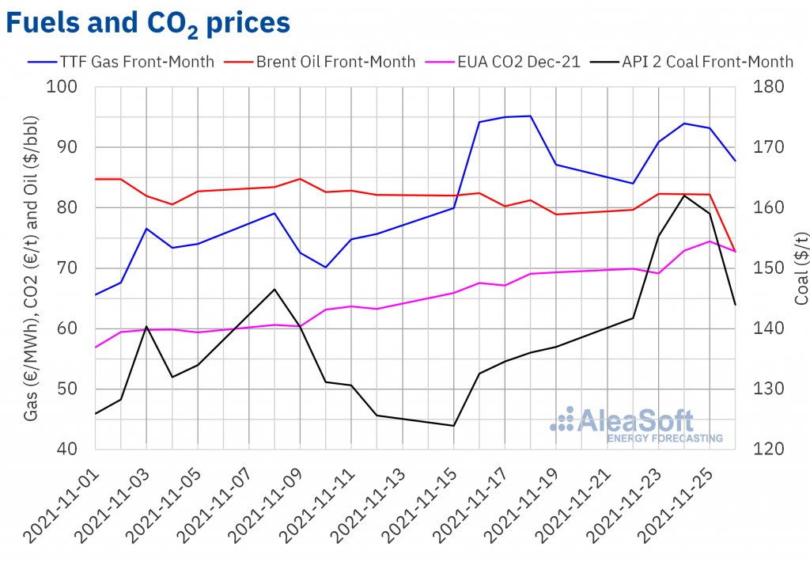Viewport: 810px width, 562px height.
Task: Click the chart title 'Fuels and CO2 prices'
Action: click(148, 23)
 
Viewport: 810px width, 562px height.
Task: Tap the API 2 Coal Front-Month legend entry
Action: click(693, 61)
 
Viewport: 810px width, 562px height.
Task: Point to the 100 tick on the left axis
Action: click(73, 87)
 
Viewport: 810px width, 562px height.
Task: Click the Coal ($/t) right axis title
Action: click(800, 268)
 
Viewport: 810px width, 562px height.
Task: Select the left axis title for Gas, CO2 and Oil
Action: click(31, 268)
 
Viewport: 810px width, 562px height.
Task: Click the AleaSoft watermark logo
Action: click(625, 424)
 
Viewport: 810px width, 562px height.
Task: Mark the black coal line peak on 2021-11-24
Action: click(684, 195)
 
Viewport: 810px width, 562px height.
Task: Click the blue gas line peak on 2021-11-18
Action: click(530, 116)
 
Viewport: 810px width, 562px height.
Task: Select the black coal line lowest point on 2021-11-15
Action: click(454, 426)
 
